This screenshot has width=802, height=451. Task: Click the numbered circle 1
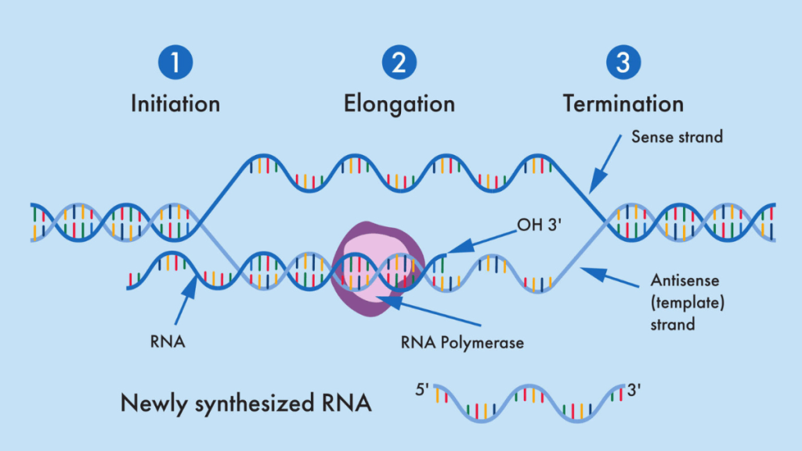pyautogui.click(x=175, y=63)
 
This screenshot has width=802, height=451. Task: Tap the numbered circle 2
pyautogui.click(x=399, y=63)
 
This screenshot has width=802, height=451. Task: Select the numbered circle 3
pyautogui.click(x=623, y=63)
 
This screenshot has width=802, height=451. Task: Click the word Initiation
pyautogui.click(x=175, y=103)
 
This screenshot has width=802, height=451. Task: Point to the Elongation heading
pyautogui.click(x=399, y=103)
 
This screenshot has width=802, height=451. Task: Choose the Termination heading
pyautogui.click(x=623, y=103)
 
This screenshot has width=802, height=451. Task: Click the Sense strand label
pyautogui.click(x=677, y=137)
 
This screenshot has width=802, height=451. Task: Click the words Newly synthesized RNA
pyautogui.click(x=246, y=403)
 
